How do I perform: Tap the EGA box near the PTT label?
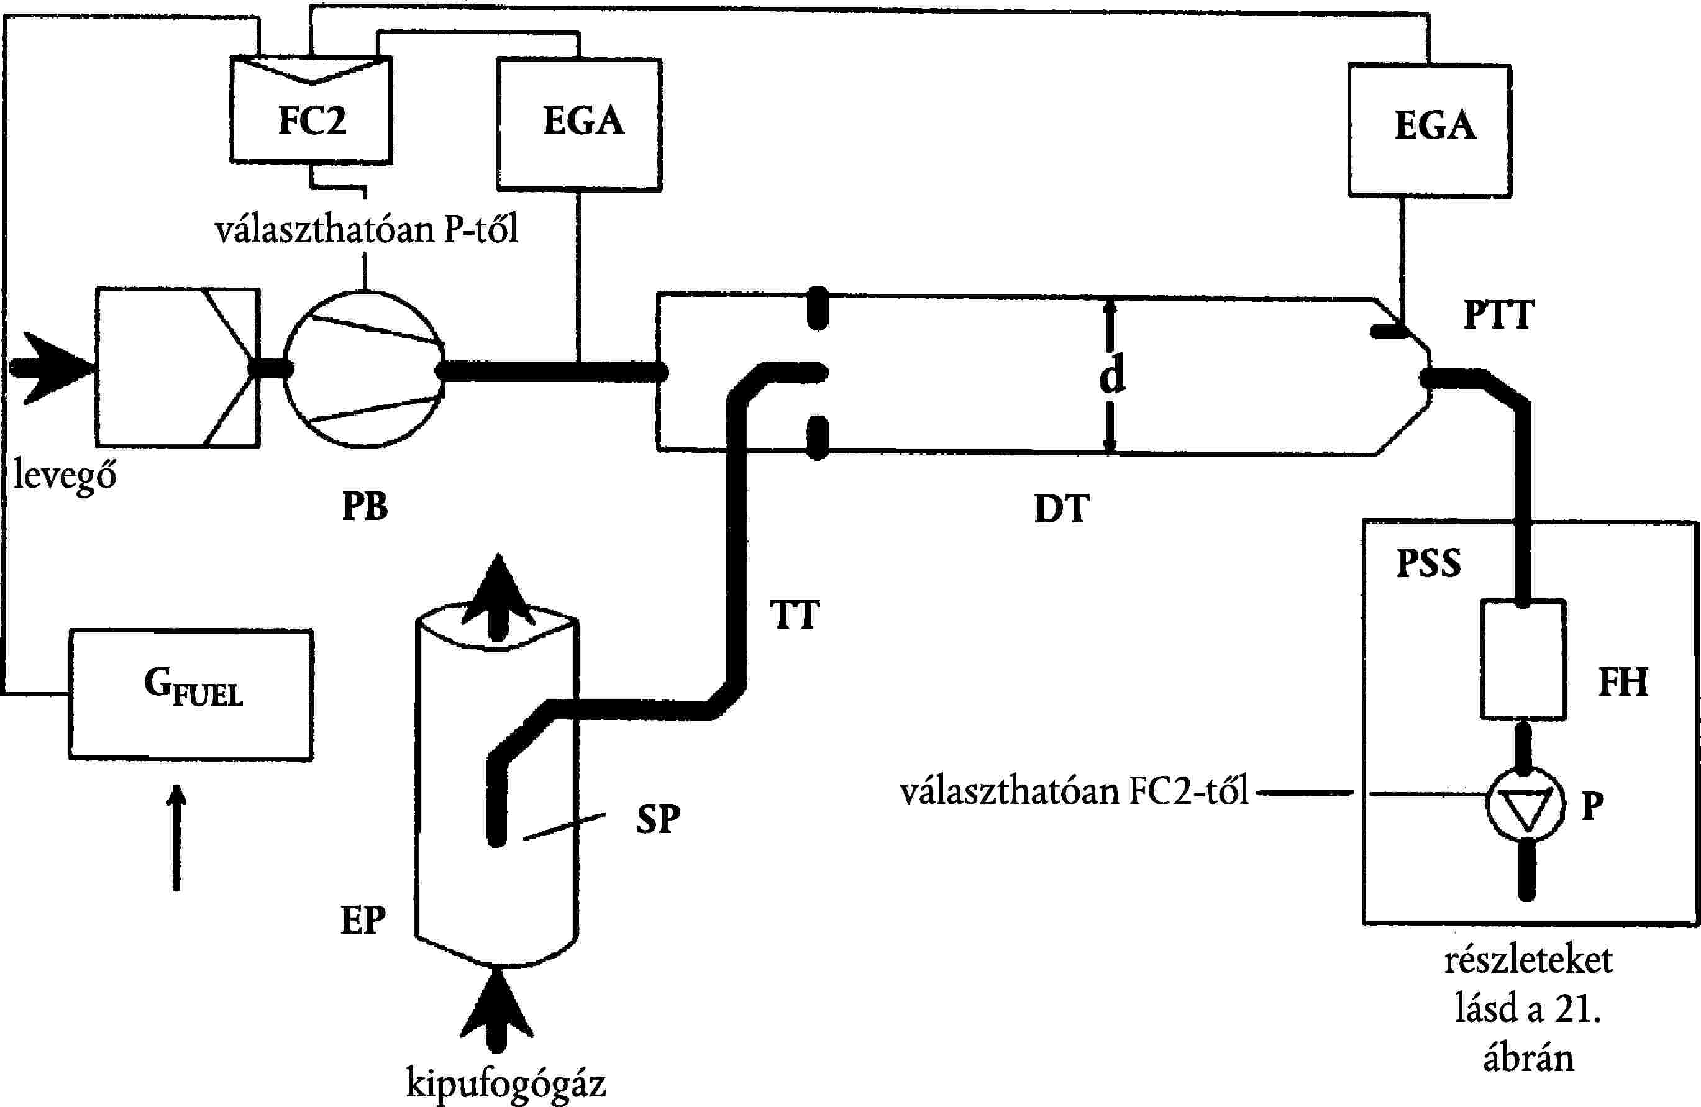tap(1430, 129)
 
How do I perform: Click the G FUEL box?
tap(191, 693)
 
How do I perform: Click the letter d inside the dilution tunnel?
tap(1112, 375)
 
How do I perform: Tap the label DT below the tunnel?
tap(1061, 509)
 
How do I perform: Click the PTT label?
tap(1498, 314)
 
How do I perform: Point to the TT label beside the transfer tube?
tap(794, 616)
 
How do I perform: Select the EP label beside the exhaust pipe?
tap(363, 921)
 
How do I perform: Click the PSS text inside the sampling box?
tap(1429, 563)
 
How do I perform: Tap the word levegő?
tap(65, 475)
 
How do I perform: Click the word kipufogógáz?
tap(506, 1083)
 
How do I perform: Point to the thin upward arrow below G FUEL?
tap(176, 836)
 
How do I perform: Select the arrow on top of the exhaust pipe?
tap(498, 597)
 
